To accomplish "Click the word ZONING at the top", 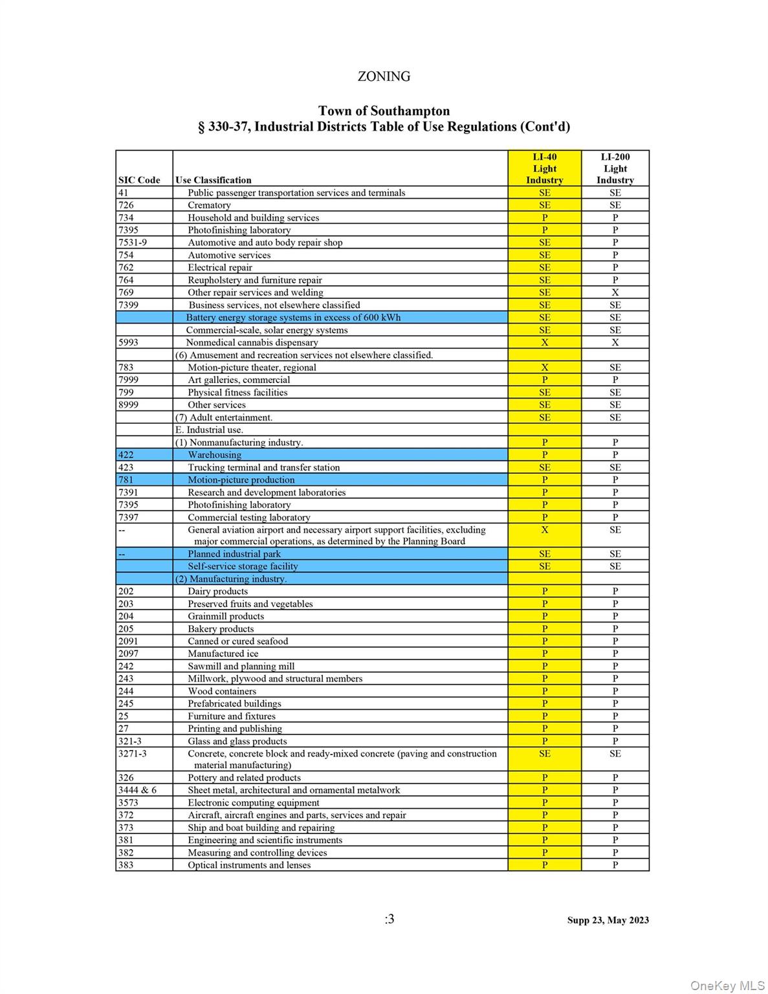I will tap(384, 76).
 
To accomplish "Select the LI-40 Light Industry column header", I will tap(544, 168).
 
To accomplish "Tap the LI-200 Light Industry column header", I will tap(615, 168).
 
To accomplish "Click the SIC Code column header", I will tap(139, 180).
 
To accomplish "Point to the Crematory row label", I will tap(209, 205).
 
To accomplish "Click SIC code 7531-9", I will tap(133, 243).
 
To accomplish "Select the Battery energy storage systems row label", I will tap(293, 317).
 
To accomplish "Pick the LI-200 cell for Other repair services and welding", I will tap(615, 293).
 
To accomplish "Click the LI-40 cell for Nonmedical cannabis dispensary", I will tap(544, 342).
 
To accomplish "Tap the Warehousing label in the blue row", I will tap(214, 455).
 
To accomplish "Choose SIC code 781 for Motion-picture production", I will tap(126, 480).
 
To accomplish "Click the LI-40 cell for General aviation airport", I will tap(544, 530).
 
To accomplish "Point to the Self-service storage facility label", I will tap(243, 566).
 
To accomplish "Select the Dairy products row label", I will tap(217, 591).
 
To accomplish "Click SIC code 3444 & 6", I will tap(137, 790).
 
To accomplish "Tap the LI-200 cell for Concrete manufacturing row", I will tap(615, 753).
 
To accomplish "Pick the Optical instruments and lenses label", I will tap(249, 865).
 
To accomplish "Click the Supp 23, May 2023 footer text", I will tap(608, 920).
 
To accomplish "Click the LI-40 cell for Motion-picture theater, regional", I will tap(544, 368).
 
